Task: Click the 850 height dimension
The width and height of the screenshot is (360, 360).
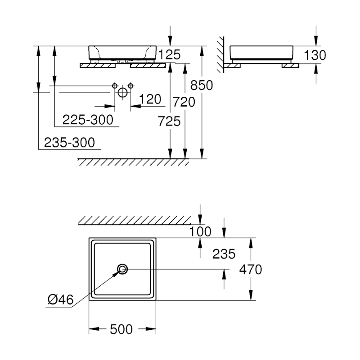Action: [202, 85]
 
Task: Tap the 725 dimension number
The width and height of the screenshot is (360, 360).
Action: [169, 121]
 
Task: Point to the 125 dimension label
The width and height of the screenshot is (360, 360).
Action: [170, 55]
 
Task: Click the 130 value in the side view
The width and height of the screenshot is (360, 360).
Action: [315, 55]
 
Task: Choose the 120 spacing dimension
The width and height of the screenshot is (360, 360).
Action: [150, 99]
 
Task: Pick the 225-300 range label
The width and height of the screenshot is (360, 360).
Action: [87, 120]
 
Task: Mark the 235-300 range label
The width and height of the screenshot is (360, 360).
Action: [70, 143]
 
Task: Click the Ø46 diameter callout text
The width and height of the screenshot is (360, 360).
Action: [60, 298]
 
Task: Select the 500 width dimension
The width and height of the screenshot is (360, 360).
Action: [121, 329]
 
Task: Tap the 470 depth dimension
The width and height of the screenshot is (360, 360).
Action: [251, 270]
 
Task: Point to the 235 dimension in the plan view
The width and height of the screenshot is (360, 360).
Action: [224, 254]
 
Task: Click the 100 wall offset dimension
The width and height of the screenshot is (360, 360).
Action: [201, 232]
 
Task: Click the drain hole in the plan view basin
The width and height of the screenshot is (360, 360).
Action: [122, 269]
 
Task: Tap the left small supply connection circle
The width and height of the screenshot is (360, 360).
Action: [115, 85]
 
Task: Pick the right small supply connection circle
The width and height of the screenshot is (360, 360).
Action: [130, 85]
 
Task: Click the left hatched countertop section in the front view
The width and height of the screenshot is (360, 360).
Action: [98, 66]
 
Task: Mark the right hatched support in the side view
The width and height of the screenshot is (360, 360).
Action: [290, 66]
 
